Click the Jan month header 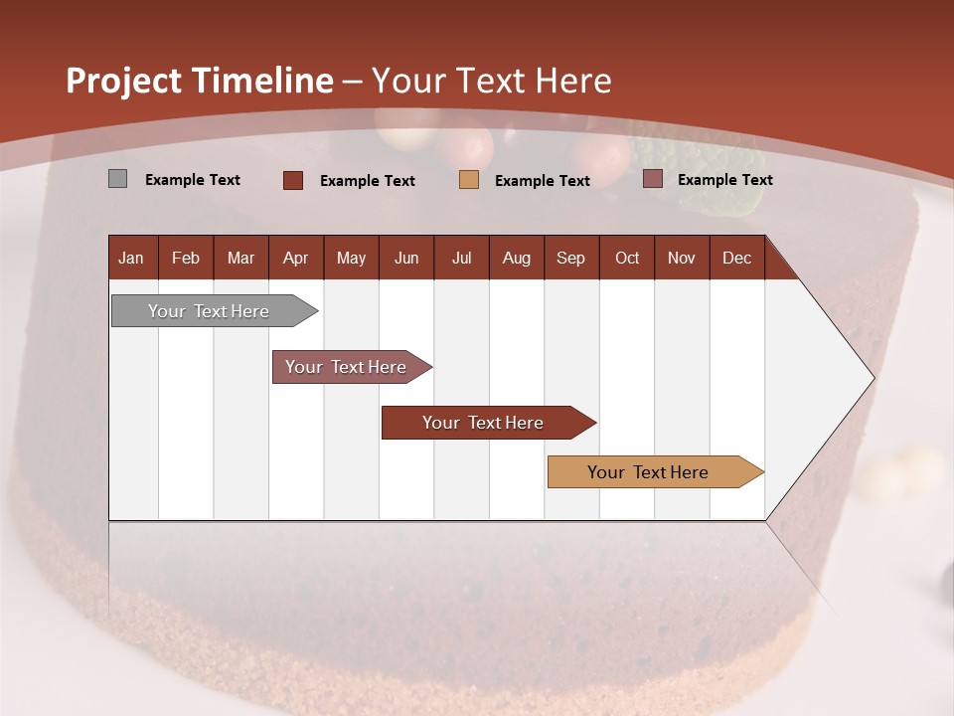132,258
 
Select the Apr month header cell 296,258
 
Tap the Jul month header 461,258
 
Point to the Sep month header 570,258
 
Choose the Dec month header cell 736,258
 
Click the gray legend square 117,179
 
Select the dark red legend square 293,180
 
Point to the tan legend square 469,180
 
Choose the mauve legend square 652,179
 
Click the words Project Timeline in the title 200,81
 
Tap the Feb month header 186,258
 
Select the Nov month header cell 682,258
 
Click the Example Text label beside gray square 193,180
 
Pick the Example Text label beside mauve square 725,180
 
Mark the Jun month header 406,258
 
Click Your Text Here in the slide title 492,81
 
